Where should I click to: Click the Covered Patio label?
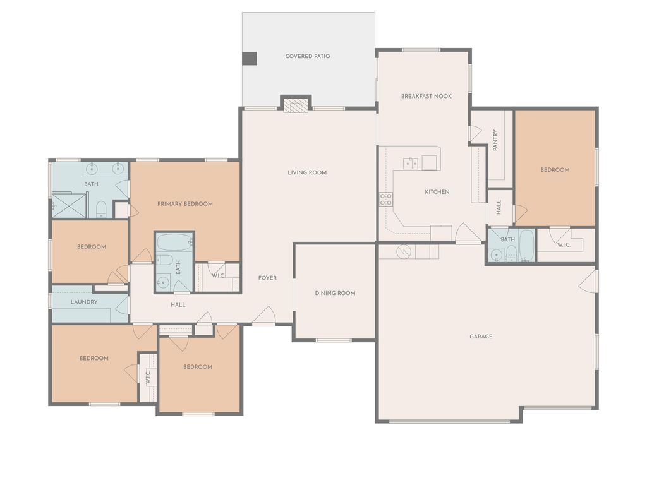tap(307, 56)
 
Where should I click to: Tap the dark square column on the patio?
tap(250, 58)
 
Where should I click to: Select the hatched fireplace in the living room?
tap(296, 104)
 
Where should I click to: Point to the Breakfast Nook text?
tap(426, 96)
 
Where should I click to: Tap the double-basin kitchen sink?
tap(411, 164)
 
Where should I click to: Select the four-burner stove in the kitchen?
tap(385, 200)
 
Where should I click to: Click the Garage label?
tap(481, 337)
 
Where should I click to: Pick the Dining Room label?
tap(335, 293)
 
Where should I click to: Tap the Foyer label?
tap(267, 278)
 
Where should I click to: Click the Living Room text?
tap(307, 172)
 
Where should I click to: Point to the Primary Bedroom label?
tap(184, 204)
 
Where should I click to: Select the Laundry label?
tap(84, 302)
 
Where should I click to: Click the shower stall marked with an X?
tap(63, 206)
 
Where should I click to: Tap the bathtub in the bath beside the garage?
tap(526, 245)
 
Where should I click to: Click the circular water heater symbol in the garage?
tap(402, 252)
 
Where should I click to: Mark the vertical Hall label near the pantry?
tap(499, 207)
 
